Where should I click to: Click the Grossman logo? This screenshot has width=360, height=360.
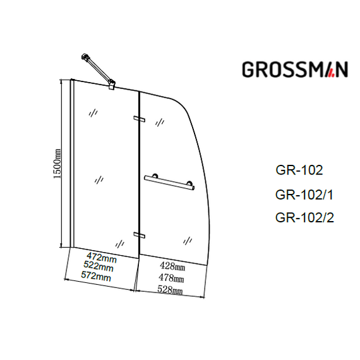click(295, 69)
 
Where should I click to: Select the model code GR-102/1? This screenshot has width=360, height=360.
click(304, 195)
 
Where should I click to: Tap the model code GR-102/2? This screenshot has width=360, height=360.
click(304, 217)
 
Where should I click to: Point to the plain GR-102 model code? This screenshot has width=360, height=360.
click(299, 170)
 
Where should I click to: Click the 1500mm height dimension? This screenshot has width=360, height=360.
click(57, 164)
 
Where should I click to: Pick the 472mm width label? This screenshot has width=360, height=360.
click(102, 258)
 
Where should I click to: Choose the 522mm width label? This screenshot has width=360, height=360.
click(99, 267)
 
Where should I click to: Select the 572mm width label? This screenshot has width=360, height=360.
click(96, 276)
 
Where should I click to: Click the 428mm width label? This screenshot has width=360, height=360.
click(172, 267)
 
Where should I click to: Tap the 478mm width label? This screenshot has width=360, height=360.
click(171, 278)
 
